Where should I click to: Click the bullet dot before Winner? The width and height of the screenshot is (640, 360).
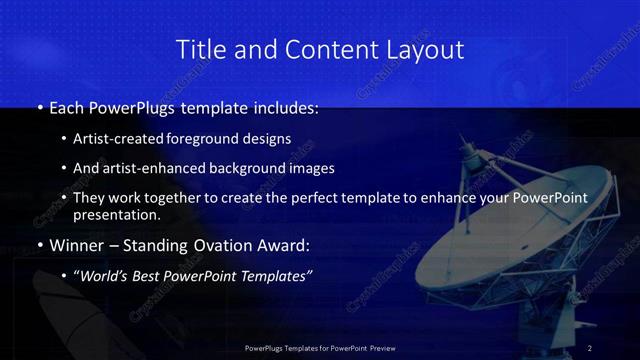(x=39, y=245)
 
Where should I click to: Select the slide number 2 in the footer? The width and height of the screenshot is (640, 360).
(x=590, y=347)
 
